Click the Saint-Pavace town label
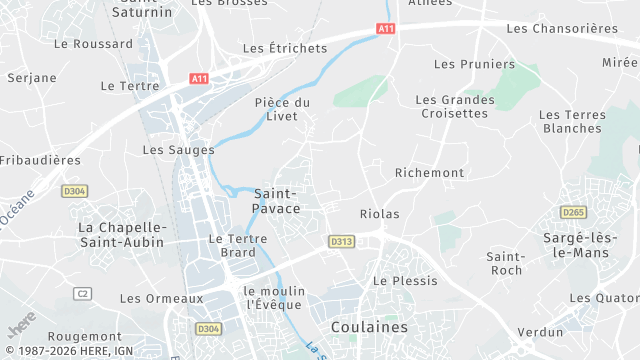(x=277, y=200)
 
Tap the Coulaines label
(x=369, y=327)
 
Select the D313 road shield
(x=341, y=241)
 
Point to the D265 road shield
(x=573, y=212)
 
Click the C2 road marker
(x=82, y=293)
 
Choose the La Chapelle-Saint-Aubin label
(x=121, y=235)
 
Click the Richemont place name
(x=430, y=173)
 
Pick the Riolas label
(x=379, y=214)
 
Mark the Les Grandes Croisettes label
(x=455, y=106)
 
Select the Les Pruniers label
(x=460, y=64)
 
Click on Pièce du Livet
(x=282, y=110)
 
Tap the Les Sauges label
(x=178, y=150)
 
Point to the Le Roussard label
(x=93, y=44)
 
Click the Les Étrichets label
(x=285, y=48)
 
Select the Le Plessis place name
(x=405, y=281)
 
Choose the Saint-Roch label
(x=505, y=263)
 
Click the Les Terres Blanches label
(x=573, y=121)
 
